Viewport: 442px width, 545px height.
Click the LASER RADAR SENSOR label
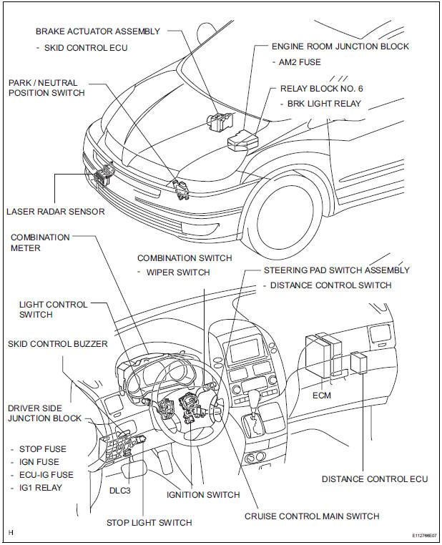pyautogui.click(x=55, y=211)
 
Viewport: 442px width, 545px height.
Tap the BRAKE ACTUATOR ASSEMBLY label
pyautogui.click(x=98, y=31)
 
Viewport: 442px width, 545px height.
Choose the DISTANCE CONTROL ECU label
pyautogui.click(x=375, y=478)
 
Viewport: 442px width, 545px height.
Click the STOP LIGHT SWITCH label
pyautogui.click(x=149, y=522)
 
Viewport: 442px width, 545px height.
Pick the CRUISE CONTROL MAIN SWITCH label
pyautogui.click(x=312, y=516)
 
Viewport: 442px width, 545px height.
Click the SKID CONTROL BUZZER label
pyautogui.click(x=58, y=344)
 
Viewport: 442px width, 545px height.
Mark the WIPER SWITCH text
pyautogui.click(x=178, y=272)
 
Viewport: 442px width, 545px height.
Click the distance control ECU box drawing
pyautogui.click(x=359, y=365)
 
